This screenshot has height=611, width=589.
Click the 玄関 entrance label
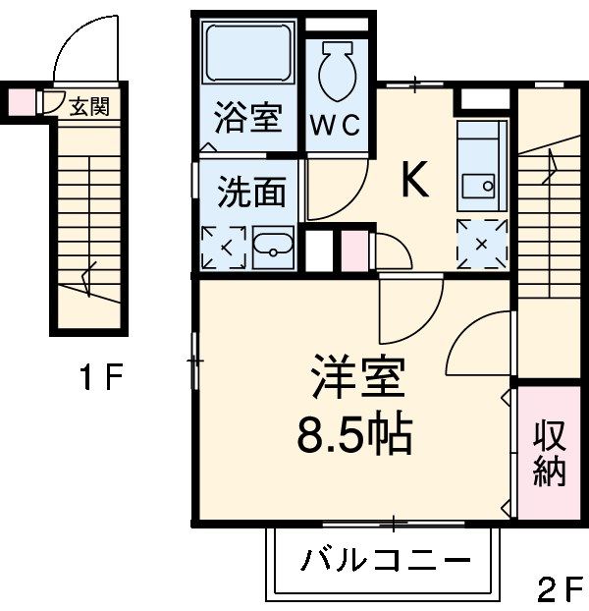[89, 106]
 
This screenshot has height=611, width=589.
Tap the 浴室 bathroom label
[248, 117]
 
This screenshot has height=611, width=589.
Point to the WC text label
[335, 125]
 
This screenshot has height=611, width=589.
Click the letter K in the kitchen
[415, 180]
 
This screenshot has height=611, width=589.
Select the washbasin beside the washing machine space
[273, 248]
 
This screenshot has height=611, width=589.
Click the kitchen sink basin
[478, 187]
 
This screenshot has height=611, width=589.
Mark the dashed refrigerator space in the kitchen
[482, 245]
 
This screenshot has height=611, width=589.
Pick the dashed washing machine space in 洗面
[224, 248]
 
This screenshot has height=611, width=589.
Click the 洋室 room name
[358, 377]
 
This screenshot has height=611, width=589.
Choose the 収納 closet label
[549, 454]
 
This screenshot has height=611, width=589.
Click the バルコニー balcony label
[386, 562]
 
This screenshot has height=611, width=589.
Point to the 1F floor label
[101, 376]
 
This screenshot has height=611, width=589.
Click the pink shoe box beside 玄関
[22, 102]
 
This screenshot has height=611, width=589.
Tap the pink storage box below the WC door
[354, 250]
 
